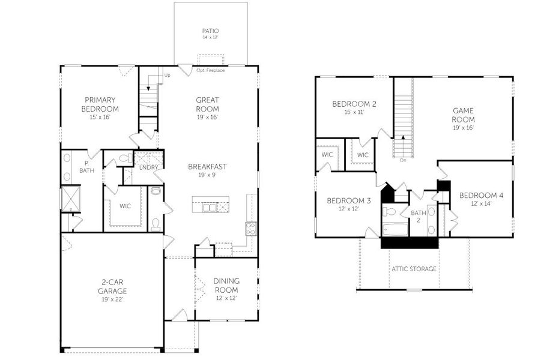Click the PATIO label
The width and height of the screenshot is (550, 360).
point(210,31)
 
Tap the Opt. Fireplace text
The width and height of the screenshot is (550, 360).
point(211,70)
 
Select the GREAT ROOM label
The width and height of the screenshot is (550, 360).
point(207,104)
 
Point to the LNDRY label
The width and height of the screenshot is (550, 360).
point(148,167)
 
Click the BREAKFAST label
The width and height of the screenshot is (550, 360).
point(207,166)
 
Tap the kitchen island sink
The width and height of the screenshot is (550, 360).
point(210,208)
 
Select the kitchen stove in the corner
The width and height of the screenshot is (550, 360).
point(250,229)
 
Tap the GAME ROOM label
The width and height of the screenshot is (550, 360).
point(463,115)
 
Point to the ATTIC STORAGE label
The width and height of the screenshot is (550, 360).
point(414,269)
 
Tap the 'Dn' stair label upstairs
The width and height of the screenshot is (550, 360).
point(403,160)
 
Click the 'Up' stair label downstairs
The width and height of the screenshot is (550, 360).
point(167,76)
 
